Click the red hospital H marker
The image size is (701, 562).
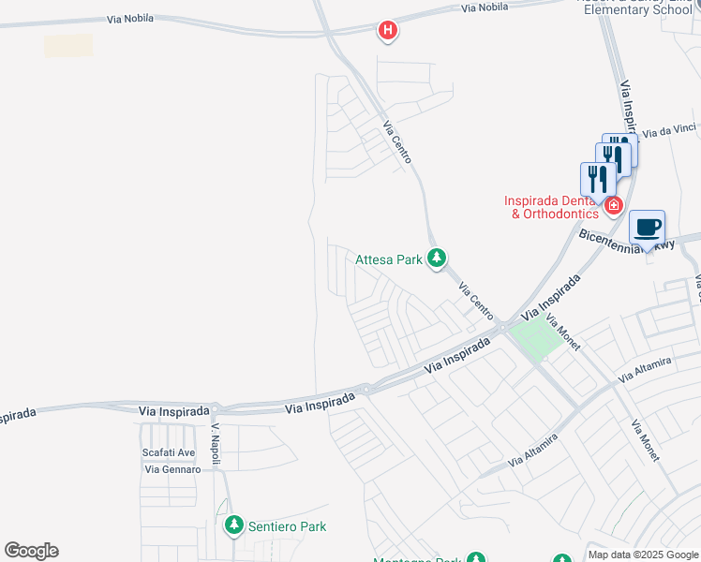click(x=387, y=31)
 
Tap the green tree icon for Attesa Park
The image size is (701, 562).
click(x=436, y=258)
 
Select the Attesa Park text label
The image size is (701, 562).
click(x=389, y=259)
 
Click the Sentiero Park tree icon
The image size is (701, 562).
click(x=233, y=526)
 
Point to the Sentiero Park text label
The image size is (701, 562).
click(x=287, y=526)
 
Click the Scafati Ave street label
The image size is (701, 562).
click(x=169, y=452)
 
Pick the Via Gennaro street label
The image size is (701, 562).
click(x=172, y=469)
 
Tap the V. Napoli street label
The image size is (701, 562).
click(x=215, y=438)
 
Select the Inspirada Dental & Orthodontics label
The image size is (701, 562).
click(x=550, y=207)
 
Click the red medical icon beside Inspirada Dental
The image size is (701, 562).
click(x=614, y=205)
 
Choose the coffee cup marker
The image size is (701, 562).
click(x=647, y=227)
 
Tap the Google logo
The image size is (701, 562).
click(x=31, y=551)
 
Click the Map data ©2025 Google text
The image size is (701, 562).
click(x=643, y=555)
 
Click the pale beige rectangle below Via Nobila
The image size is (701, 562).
click(x=68, y=45)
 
